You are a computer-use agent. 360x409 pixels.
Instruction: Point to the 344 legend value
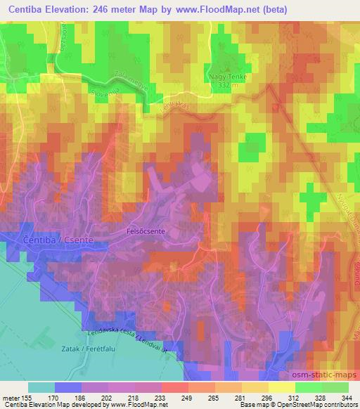tap(346, 396)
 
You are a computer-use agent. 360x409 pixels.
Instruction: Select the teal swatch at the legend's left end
tap(41, 387)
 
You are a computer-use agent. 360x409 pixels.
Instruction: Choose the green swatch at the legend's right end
tap(336, 387)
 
